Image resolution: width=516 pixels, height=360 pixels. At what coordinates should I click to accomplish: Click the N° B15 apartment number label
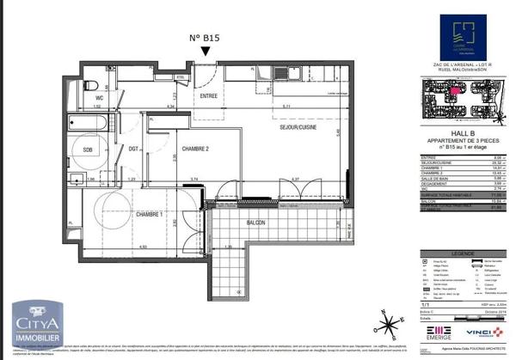[x=204, y=39]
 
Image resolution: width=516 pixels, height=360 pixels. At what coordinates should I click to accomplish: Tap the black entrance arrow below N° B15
[x=204, y=53]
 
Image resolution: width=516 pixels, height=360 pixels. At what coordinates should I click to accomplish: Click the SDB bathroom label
[x=88, y=148]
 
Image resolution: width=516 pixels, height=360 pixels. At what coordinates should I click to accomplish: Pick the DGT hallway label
[x=133, y=148]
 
